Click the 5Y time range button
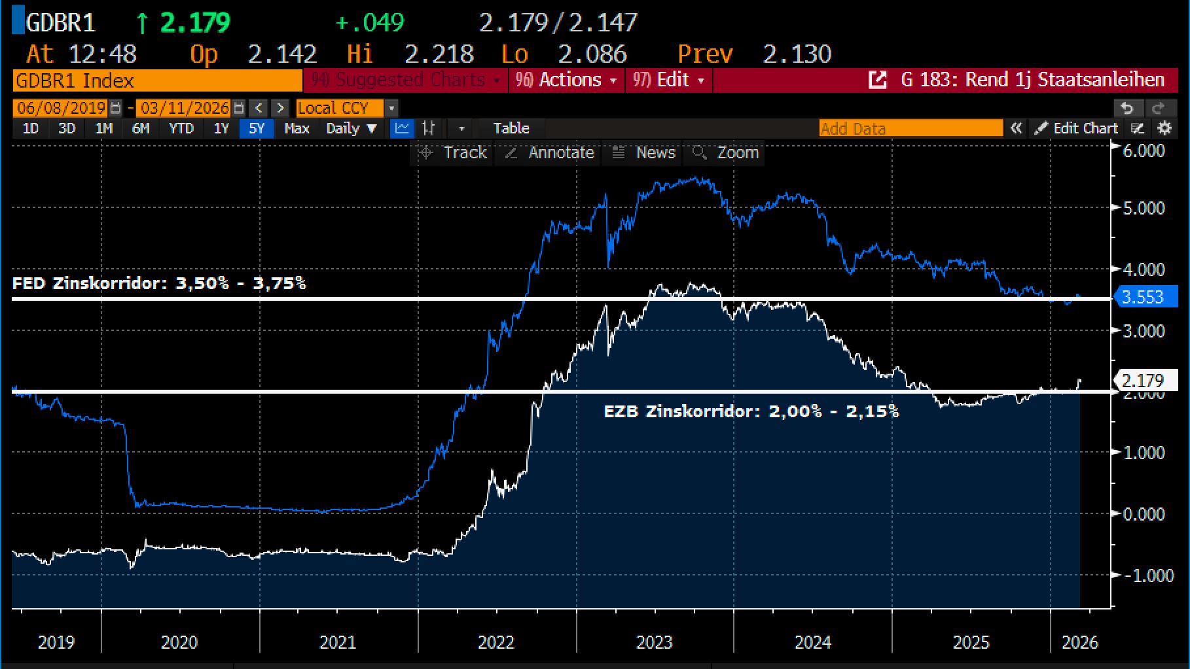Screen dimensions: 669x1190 256,128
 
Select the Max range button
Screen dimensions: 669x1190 297,128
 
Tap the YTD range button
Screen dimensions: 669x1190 181,128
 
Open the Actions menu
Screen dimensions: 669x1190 566,80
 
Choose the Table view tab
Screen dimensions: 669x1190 511,128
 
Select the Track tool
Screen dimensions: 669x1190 454,153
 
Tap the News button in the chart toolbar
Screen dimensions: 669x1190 644,153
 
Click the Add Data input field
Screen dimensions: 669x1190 910,128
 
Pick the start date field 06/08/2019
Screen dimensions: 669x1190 62,108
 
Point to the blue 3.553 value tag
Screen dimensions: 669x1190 1143,297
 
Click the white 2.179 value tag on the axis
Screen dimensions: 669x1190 1143,380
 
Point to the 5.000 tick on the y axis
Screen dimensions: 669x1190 1144,208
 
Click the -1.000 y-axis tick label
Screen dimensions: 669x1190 1147,575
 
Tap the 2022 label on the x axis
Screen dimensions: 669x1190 496,642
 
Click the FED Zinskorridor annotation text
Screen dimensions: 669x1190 159,283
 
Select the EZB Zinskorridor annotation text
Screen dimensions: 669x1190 751,411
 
